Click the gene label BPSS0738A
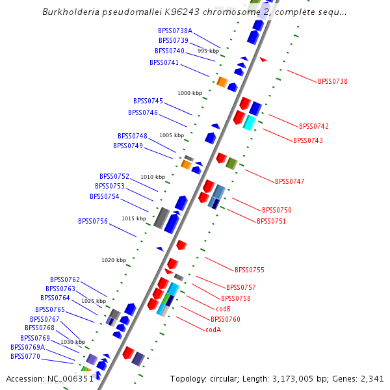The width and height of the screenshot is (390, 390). click(175, 31)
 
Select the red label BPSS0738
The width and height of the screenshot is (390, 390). click(332, 81)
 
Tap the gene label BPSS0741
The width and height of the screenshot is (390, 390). click(164, 62)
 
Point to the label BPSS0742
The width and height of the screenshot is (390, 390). click(314, 126)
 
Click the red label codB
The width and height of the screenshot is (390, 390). click(222, 308)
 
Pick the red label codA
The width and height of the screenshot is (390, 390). click(213, 330)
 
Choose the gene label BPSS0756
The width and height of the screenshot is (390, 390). click(93, 221)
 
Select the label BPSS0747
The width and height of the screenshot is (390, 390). click(289, 181)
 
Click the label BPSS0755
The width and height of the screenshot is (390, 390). click(249, 269)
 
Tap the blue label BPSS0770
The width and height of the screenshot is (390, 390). click(25, 356)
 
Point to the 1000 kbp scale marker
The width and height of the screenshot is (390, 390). click(190, 93)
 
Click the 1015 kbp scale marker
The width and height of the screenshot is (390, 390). click(134, 218)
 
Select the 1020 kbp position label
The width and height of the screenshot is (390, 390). click(114, 260)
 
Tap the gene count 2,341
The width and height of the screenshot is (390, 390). click(370, 378)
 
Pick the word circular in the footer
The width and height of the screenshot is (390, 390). click(244, 378)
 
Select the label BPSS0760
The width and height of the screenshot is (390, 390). click(226, 319)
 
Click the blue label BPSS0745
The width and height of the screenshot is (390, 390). click(148, 101)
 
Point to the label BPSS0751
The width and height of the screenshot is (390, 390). click(271, 221)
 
